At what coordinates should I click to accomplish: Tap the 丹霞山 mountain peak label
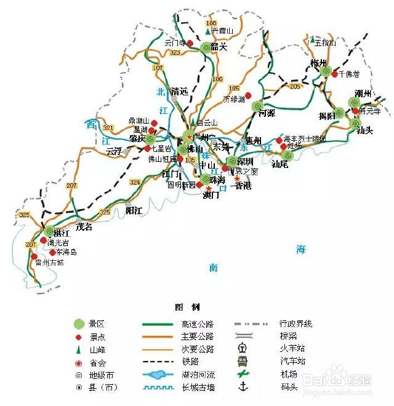(222, 31)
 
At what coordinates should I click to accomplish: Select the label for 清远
(179, 91)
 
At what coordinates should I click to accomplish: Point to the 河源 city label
(267, 113)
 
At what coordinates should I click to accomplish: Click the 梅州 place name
(318, 63)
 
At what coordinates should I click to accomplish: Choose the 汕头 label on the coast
(365, 130)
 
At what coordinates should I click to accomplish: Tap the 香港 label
(243, 185)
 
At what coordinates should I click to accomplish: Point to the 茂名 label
(83, 226)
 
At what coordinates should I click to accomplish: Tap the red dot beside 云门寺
(190, 44)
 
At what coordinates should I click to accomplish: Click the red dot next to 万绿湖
(249, 95)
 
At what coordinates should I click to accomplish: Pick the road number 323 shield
(175, 54)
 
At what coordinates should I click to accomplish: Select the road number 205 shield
(295, 87)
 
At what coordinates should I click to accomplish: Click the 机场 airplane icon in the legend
(243, 374)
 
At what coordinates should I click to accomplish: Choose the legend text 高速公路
(197, 324)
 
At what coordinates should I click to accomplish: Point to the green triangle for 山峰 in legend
(78, 349)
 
